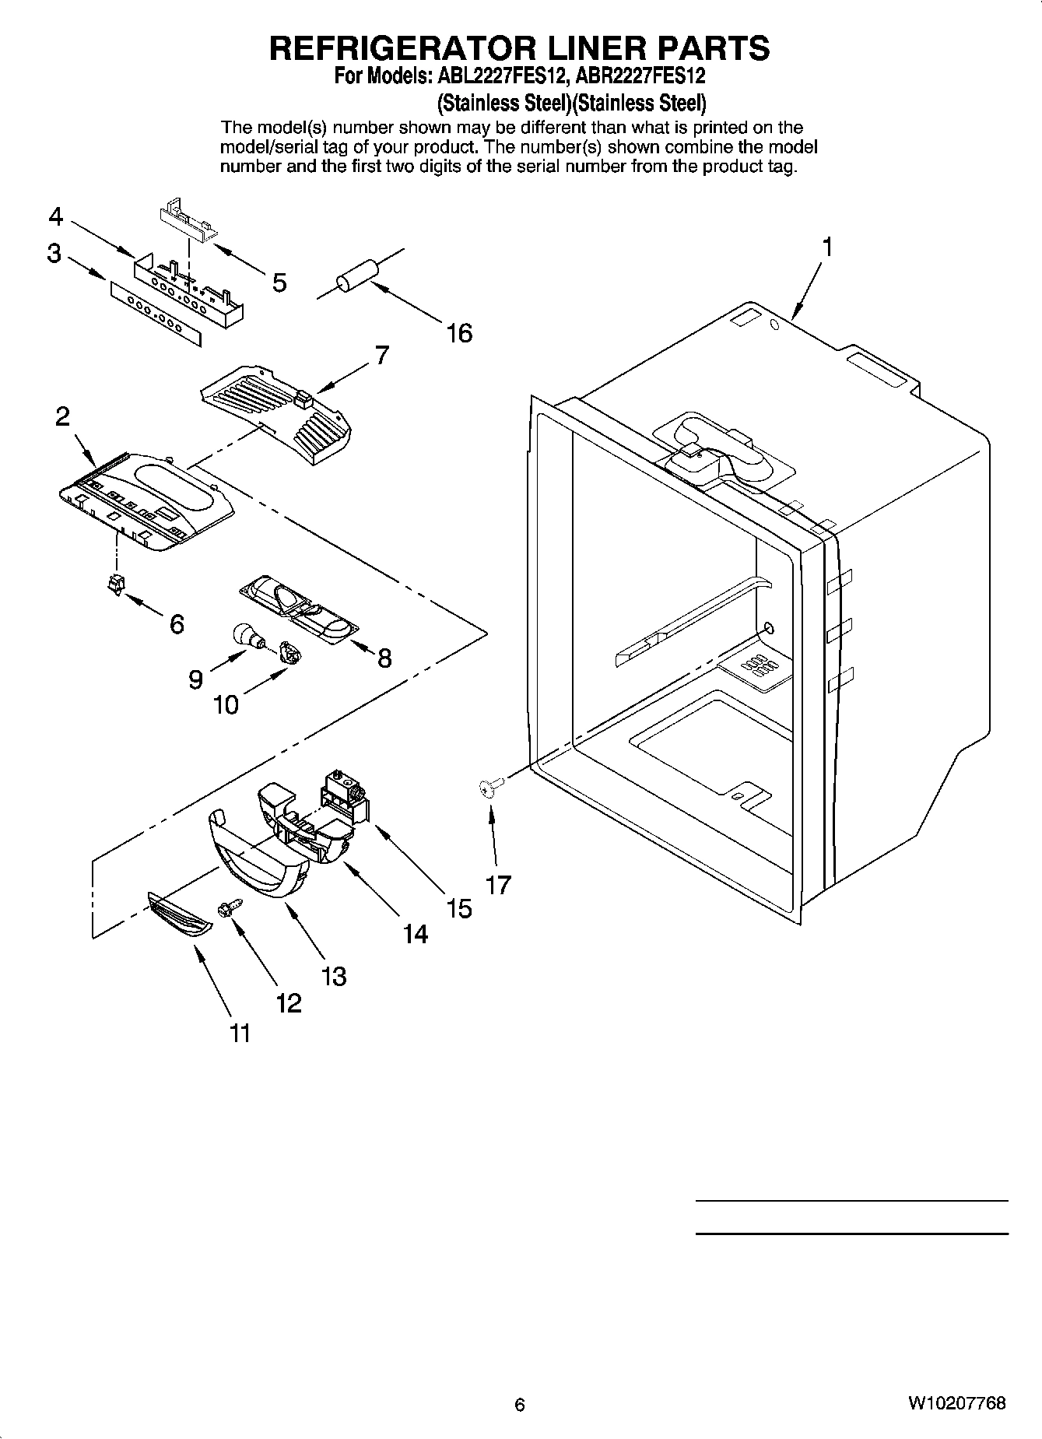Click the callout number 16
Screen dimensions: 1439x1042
pyautogui.click(x=459, y=333)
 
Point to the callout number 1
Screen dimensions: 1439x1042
pyautogui.click(x=827, y=247)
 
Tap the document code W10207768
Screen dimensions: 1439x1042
pyautogui.click(x=956, y=1403)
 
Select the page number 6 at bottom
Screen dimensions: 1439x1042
pyautogui.click(x=520, y=1404)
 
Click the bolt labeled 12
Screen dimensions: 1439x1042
pyautogui.click(x=231, y=907)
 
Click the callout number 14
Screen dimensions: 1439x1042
pyautogui.click(x=416, y=933)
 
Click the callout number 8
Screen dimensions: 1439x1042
pyautogui.click(x=384, y=658)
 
